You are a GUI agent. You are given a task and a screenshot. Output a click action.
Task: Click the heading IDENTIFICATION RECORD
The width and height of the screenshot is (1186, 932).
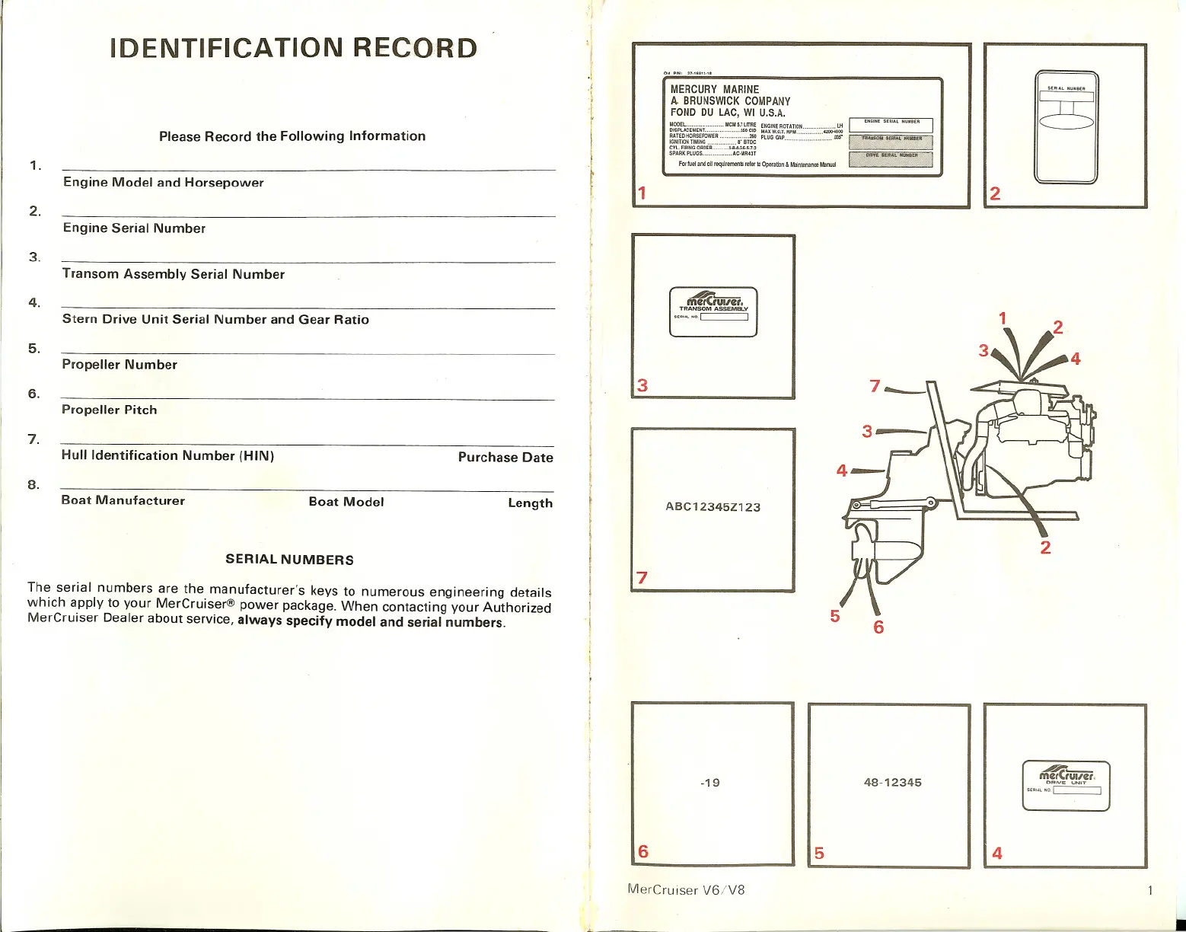click(x=294, y=49)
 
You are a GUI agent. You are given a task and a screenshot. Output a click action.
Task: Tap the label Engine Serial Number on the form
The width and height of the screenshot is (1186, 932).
click(x=134, y=228)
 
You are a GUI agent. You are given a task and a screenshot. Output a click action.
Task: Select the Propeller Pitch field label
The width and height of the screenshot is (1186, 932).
click(x=110, y=410)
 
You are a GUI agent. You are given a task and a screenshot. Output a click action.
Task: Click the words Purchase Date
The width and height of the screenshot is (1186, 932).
click(x=505, y=458)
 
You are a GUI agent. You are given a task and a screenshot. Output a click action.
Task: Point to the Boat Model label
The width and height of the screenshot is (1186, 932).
click(x=346, y=502)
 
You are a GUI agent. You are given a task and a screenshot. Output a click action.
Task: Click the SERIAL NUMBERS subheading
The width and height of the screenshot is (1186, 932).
click(x=289, y=560)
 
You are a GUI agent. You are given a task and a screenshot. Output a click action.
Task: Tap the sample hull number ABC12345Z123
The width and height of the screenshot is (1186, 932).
click(x=713, y=507)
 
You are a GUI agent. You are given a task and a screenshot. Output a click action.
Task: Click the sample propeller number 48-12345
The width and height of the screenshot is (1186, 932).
click(x=892, y=783)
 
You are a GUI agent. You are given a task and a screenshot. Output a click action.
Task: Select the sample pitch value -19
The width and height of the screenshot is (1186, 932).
click(x=709, y=783)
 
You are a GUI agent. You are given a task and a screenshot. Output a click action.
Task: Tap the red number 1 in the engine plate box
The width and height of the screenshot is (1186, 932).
click(x=642, y=193)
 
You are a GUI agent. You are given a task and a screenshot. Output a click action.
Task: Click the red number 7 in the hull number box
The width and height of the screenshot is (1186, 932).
click(x=642, y=578)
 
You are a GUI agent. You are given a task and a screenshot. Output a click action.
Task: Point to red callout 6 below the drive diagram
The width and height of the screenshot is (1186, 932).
click(x=878, y=627)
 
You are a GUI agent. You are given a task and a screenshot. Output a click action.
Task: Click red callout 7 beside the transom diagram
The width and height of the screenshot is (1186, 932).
click(x=875, y=387)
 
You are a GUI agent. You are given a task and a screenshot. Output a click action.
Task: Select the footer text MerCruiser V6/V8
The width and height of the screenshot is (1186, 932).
click(x=686, y=889)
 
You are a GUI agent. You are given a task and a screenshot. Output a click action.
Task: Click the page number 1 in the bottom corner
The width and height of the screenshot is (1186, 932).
click(x=1150, y=890)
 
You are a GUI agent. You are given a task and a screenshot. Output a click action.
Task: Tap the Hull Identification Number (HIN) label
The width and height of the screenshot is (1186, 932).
click(x=167, y=456)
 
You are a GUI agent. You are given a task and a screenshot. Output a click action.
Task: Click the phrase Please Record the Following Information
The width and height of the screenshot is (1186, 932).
click(x=292, y=136)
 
